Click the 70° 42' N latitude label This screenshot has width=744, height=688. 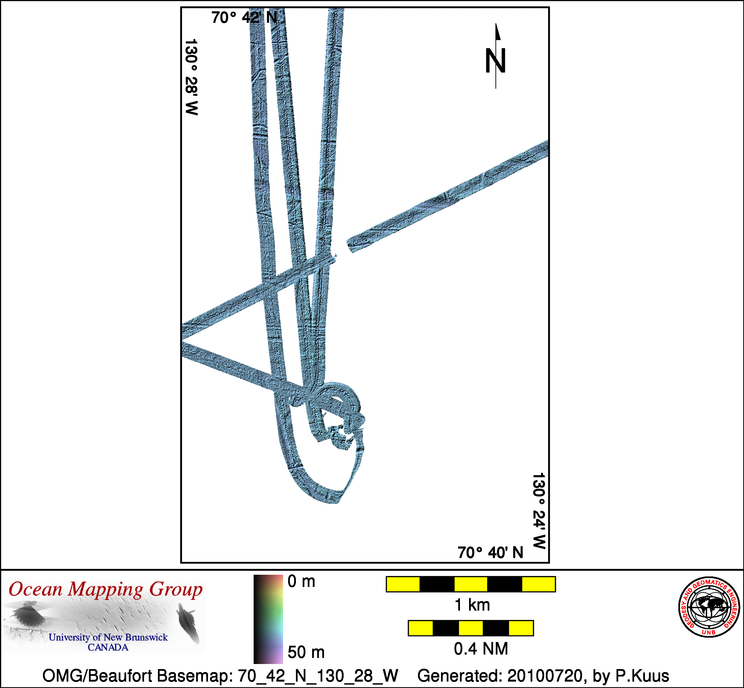pyautogui.click(x=244, y=18)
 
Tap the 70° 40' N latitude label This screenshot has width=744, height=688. pyautogui.click(x=490, y=552)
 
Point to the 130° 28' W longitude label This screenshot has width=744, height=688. pyautogui.click(x=191, y=77)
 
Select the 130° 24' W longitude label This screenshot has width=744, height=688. pyautogui.click(x=538, y=511)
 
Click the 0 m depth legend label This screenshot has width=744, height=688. pyautogui.click(x=301, y=581)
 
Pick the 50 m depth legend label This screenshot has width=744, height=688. pyautogui.click(x=306, y=652)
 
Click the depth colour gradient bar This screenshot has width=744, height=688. pyautogui.click(x=268, y=619)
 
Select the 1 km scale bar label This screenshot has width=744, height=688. pyautogui.click(x=472, y=605)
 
